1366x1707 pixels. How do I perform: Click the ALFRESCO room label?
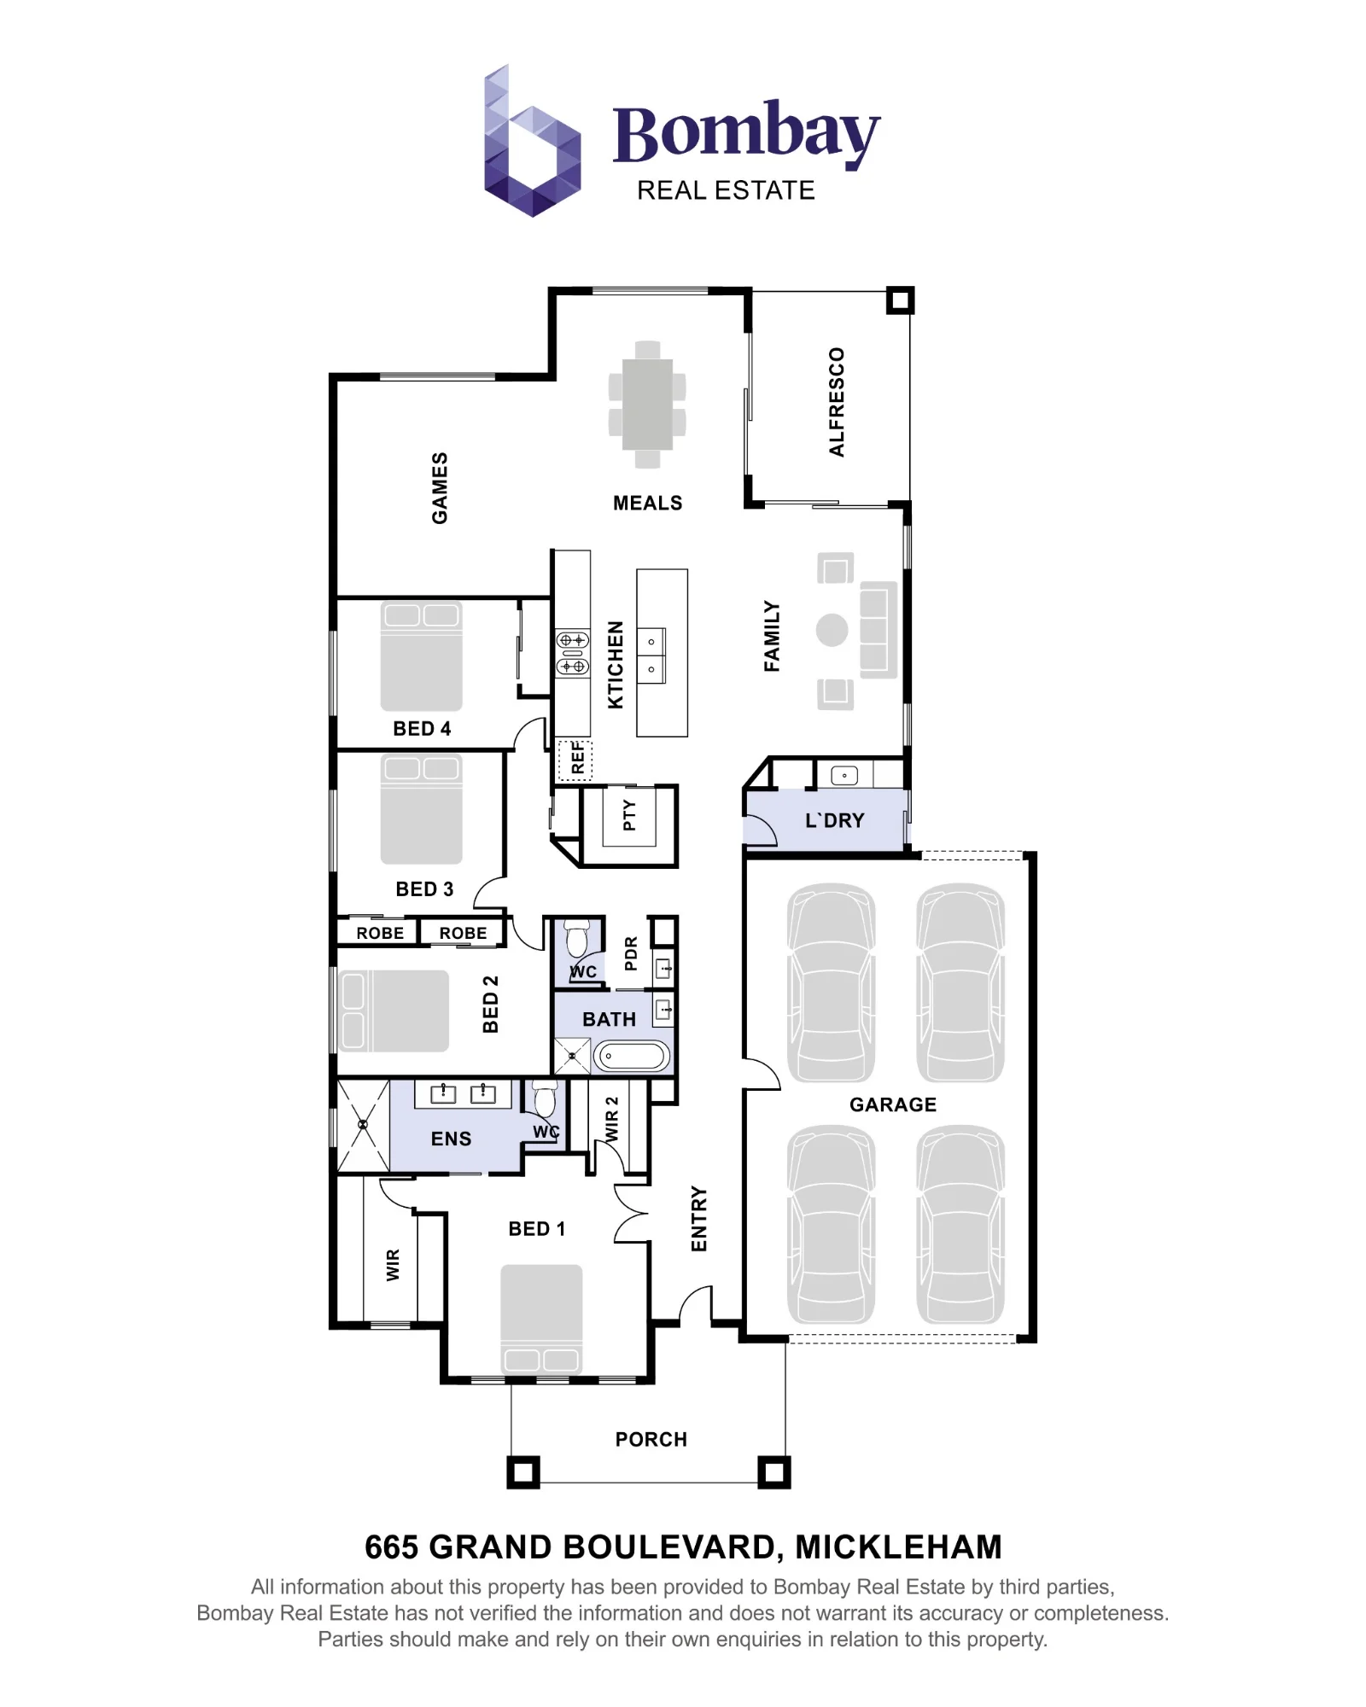837,401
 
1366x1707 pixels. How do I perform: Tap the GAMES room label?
440,488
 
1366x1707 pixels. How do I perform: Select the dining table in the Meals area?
647,405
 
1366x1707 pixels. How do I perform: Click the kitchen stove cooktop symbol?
573,653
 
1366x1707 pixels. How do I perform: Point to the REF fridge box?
575,759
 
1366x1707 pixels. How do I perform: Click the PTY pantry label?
629,815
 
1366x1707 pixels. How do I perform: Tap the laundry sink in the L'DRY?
844,776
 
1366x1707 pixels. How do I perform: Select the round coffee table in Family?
832,631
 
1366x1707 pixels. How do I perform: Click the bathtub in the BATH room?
632,1057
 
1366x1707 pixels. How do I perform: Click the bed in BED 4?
422,656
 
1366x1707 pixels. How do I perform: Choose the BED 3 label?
424,889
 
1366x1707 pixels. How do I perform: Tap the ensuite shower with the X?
364,1126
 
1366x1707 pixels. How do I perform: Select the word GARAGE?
893,1105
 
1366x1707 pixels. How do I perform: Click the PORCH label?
651,1440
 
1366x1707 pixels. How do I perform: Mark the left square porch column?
523,1472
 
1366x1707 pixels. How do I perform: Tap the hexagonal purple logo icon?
533,141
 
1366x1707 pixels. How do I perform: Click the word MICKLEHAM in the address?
899,1547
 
